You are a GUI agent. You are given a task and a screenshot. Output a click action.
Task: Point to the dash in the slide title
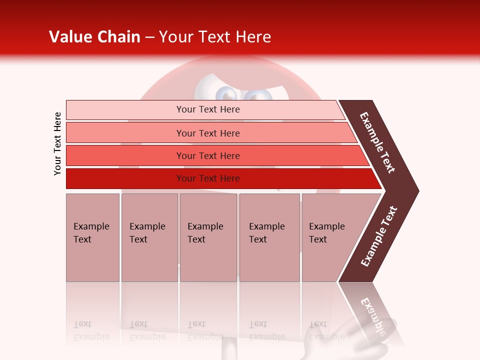[x=149, y=37]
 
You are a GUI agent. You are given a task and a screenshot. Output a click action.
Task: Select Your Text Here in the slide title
[x=214, y=37]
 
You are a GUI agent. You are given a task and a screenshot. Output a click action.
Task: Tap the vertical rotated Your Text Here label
[x=57, y=143]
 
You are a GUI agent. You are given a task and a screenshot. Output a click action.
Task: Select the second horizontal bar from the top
[x=207, y=133]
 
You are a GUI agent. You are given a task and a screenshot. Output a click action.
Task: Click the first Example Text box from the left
[x=92, y=237]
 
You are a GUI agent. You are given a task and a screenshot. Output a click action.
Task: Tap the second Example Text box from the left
[x=149, y=237]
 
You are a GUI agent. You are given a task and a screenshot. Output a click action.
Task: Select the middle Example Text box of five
[x=208, y=237]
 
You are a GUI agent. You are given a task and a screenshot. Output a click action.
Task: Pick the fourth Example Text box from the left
[x=269, y=237]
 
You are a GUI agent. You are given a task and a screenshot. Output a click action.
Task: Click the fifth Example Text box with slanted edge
[x=330, y=237]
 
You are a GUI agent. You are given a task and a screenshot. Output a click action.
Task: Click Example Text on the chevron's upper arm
[x=377, y=142]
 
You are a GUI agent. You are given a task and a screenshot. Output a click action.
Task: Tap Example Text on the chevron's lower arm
[x=379, y=236]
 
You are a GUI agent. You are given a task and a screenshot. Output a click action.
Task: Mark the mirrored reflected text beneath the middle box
[x=205, y=330]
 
